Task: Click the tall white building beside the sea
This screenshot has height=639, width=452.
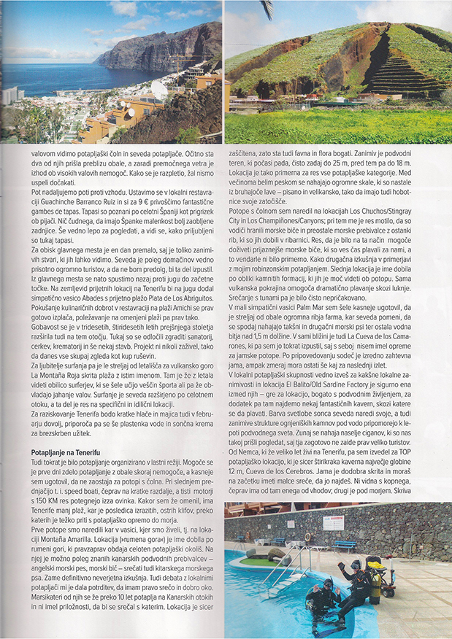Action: pos(12,96)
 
